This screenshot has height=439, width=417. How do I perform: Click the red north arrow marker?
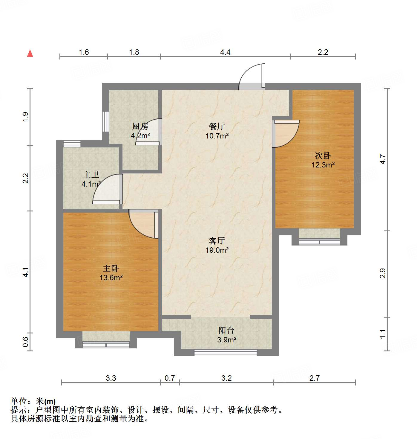pos(30,54)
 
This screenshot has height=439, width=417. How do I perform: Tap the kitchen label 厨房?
pos(140,126)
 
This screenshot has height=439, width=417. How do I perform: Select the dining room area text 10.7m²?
pos(217,136)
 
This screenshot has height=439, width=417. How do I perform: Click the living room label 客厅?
pos(217,240)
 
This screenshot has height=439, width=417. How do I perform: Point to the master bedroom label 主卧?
pos(111,268)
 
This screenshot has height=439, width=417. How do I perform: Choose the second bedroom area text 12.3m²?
pos(323,165)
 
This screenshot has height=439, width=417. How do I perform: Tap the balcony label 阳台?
pos(226,330)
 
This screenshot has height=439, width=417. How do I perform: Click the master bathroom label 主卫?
pos(91,175)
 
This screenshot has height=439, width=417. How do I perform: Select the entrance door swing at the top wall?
pos(252,77)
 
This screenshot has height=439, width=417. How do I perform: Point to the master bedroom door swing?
pos(143,223)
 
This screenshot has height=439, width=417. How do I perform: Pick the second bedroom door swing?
pos(286,133)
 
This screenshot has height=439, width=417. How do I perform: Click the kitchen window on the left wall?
pos(105,121)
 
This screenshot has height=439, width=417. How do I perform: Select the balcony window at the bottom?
pos(226,353)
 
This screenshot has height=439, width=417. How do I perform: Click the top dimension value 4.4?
pos(225,52)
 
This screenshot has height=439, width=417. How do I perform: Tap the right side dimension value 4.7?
pos(383,159)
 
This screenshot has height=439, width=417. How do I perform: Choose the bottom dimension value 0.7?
pos(170,378)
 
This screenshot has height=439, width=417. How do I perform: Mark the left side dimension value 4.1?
pos(26,272)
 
